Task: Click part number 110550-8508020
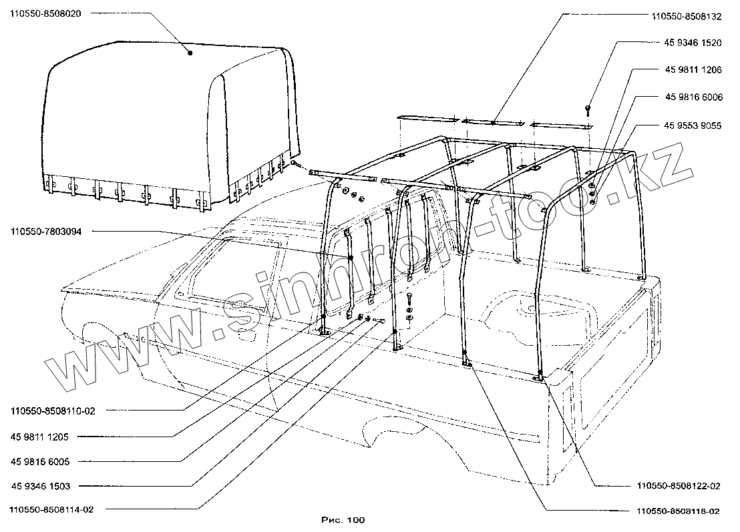[45, 13]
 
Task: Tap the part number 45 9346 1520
[693, 42]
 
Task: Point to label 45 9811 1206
[693, 69]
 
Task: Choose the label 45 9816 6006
[693, 97]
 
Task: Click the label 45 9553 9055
[693, 125]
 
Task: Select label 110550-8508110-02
[53, 411]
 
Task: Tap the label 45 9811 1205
[45, 437]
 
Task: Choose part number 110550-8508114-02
[53, 510]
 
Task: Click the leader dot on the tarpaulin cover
[190, 52]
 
